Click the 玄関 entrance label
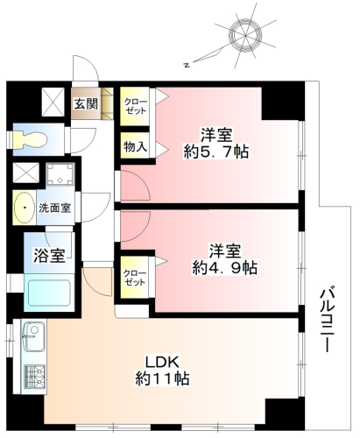86,103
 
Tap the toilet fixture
30,139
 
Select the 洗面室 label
55,208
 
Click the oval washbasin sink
25,208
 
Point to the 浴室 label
49,256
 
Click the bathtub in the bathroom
49,293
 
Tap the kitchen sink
34,336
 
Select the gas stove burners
34,377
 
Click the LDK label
162,362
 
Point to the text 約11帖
162,378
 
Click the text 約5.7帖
216,152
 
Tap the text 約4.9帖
224,268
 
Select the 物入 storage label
135,146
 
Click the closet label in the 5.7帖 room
135,107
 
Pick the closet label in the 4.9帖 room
134,278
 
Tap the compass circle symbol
245,35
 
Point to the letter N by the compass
187,65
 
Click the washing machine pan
60,173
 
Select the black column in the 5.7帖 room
283,103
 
